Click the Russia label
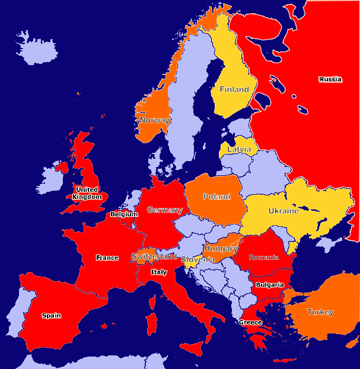(330, 79)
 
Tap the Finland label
(234, 89)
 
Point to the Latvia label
(239, 150)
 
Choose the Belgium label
(124, 214)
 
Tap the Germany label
(165, 210)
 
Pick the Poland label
(216, 197)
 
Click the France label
(107, 258)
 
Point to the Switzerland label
(154, 256)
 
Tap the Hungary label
(221, 248)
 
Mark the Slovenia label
(198, 260)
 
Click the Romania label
(264, 258)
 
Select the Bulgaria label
(270, 285)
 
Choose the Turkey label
(320, 312)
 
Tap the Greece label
(250, 322)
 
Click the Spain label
(52, 316)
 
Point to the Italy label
(158, 272)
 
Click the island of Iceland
(37, 48)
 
